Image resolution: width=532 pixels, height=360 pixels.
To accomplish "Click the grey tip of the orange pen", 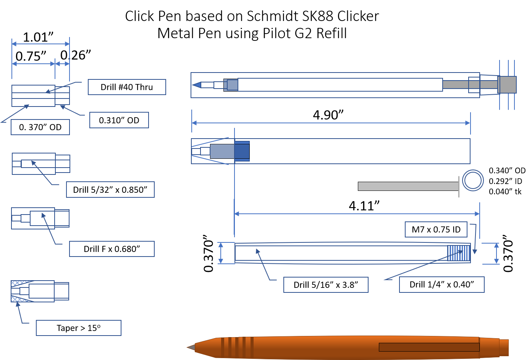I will (191, 347).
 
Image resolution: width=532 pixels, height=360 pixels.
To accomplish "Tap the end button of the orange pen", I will (504, 347).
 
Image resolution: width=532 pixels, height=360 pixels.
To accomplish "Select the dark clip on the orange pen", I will (429, 347).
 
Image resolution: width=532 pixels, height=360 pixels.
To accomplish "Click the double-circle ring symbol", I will (473, 180).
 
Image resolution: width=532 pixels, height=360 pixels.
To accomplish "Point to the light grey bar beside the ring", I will (408, 186).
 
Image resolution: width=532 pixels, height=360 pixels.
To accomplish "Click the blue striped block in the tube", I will (459, 253).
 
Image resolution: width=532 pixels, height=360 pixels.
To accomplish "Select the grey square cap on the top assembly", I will (508, 85).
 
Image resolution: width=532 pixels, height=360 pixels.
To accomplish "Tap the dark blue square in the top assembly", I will (231, 85).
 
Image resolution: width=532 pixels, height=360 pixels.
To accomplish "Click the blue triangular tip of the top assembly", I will (197, 85).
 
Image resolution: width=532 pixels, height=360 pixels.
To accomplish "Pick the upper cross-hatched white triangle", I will (19, 283).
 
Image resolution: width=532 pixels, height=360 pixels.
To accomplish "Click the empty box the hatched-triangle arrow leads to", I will (79, 328).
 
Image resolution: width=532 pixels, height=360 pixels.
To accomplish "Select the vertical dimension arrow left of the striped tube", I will (221, 253).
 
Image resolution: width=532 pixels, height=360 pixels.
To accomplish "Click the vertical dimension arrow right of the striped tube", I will (496, 253).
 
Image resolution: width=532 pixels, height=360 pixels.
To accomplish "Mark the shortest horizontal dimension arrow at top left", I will (62, 64).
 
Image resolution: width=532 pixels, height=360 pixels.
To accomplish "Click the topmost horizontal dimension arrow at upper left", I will (40, 44).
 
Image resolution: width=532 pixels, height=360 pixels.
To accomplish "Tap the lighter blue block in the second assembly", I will (242, 151).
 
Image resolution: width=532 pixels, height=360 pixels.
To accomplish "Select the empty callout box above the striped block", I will (436, 229).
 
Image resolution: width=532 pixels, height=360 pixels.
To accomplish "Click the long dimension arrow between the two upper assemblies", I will (331, 123).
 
